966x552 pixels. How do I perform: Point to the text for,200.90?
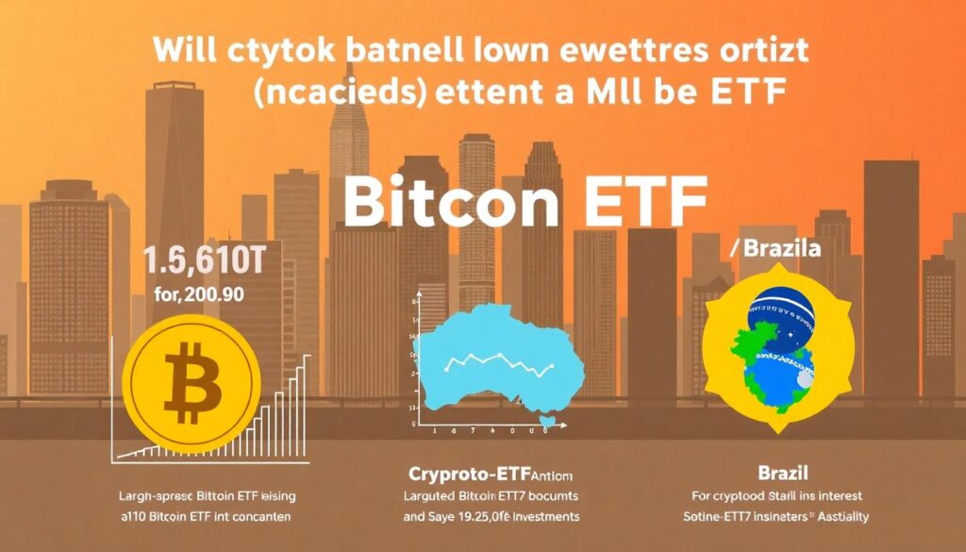pyautogui.click(x=197, y=293)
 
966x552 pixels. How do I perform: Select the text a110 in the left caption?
pyautogui.click(x=135, y=516)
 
